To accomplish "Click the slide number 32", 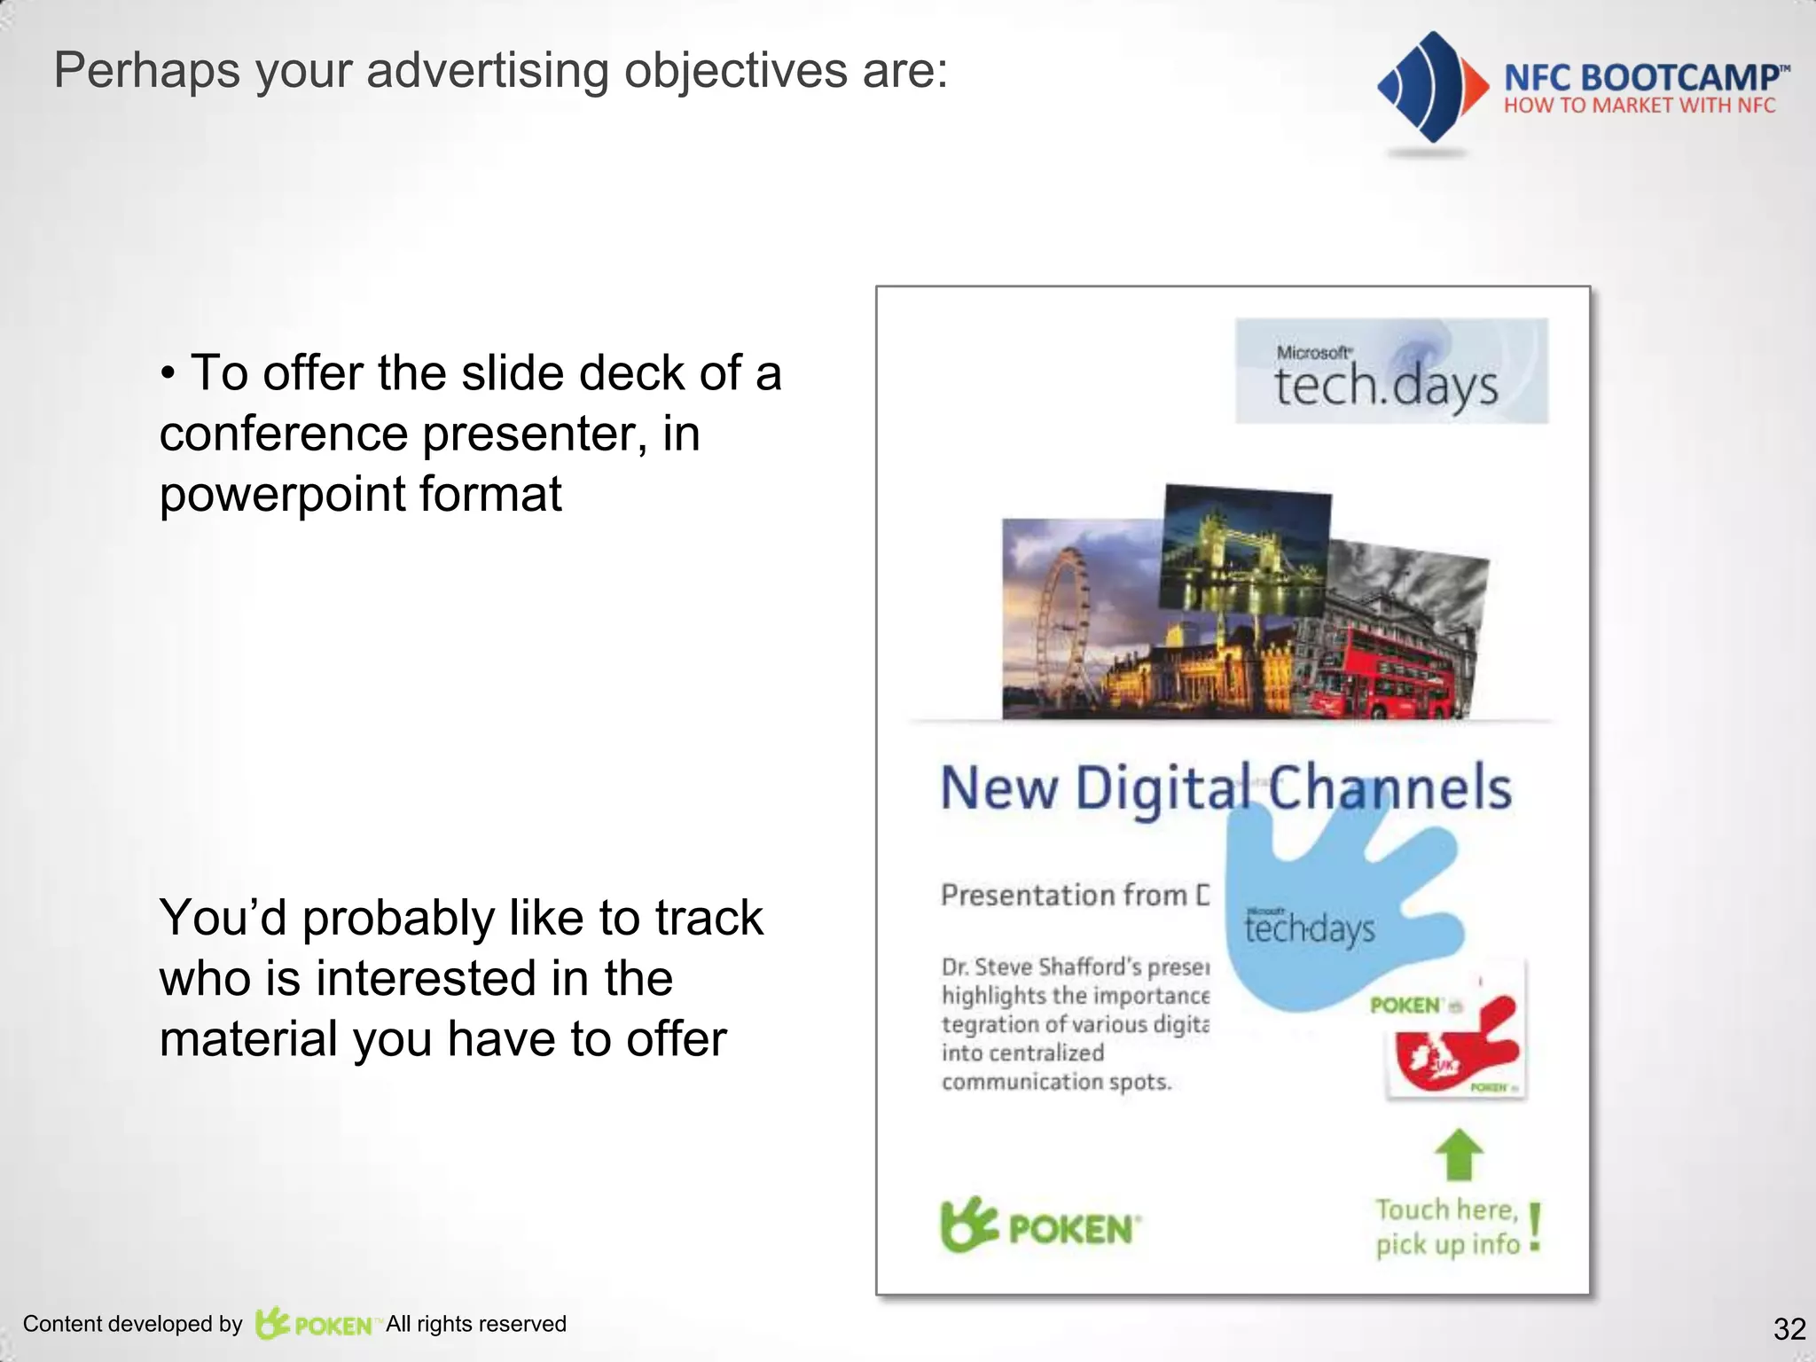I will pyautogui.click(x=1789, y=1328).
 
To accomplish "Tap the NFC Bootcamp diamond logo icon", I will pyautogui.click(x=1429, y=87).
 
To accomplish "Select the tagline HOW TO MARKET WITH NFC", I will pyautogui.click(x=1640, y=106).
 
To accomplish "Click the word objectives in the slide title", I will pyautogui.click(x=735, y=70).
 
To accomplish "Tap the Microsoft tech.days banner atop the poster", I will pyautogui.click(x=1391, y=372).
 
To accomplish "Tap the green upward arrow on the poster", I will pyautogui.click(x=1459, y=1154).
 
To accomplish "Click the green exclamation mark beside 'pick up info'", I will pyautogui.click(x=1536, y=1227).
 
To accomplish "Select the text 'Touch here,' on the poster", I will pyautogui.click(x=1446, y=1210).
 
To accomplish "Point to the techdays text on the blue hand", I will pyautogui.click(x=1309, y=928).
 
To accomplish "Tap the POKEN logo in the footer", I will pyautogui.click(x=316, y=1325).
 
